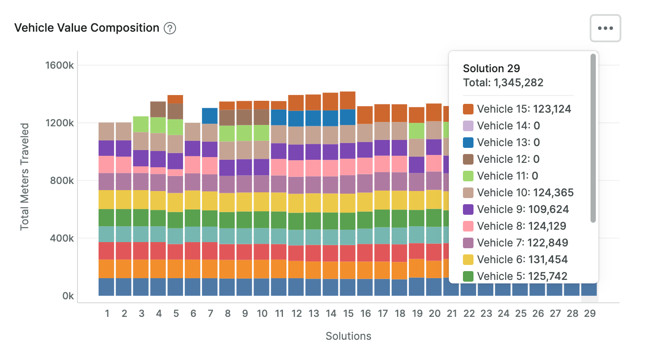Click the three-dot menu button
coord(605,28)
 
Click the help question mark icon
coord(170,28)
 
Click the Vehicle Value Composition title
coord(87,28)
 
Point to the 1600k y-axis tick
coord(59,66)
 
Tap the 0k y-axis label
coord(68,296)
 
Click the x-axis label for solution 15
coord(348,313)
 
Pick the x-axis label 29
coord(590,313)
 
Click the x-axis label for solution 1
coord(107,313)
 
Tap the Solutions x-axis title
coord(348,336)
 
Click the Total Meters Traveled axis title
coord(25,176)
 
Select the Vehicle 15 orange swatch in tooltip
coord(468,109)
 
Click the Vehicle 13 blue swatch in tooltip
coord(468,143)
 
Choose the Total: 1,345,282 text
coord(503,83)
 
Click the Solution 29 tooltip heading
coord(491,69)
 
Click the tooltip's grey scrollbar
coord(593,138)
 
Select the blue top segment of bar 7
coord(210,116)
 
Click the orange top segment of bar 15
coord(348,100)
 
